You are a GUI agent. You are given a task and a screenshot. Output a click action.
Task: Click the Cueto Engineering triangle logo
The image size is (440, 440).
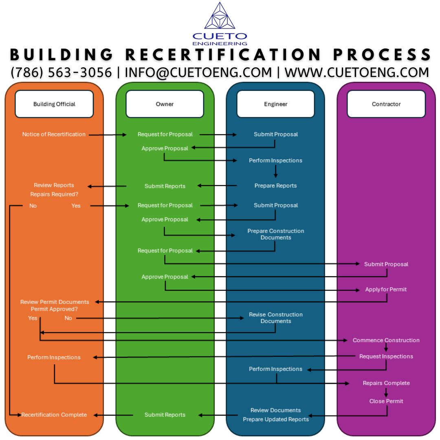point(220,16)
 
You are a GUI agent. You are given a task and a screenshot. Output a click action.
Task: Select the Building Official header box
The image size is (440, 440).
point(54,104)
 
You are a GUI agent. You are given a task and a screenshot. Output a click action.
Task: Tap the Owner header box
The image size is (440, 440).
point(165,104)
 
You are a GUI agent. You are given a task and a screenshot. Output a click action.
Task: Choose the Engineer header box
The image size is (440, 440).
point(275,104)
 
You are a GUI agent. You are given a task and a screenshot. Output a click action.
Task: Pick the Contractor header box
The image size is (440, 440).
point(386,104)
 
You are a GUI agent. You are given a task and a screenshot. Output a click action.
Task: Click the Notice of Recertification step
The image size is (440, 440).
point(54,134)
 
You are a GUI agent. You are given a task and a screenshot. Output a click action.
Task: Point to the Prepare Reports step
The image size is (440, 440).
point(275,186)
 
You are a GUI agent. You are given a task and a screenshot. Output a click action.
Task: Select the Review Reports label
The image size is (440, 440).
point(54,185)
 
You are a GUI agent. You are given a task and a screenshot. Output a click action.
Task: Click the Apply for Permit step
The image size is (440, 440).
point(386,290)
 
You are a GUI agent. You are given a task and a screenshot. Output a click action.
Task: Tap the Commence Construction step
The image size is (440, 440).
point(386,340)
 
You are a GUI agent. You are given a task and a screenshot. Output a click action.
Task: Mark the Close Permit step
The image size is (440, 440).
point(386,401)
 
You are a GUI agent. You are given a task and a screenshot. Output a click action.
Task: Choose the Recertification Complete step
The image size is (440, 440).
point(54,415)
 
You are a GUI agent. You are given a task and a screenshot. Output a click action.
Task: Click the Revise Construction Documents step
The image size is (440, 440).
point(275,318)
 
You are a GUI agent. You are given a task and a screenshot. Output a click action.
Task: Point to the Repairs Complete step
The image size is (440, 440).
point(386,383)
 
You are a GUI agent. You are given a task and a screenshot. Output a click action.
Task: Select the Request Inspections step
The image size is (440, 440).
point(386,356)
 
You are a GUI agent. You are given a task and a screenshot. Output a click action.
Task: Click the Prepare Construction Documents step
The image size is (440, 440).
point(275,234)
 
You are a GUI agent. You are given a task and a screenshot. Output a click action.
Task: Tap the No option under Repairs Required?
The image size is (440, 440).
point(33,206)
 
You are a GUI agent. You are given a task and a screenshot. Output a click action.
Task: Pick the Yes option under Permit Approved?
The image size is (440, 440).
point(33,318)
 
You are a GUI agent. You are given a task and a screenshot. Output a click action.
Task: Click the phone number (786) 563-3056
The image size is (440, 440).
point(61,73)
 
